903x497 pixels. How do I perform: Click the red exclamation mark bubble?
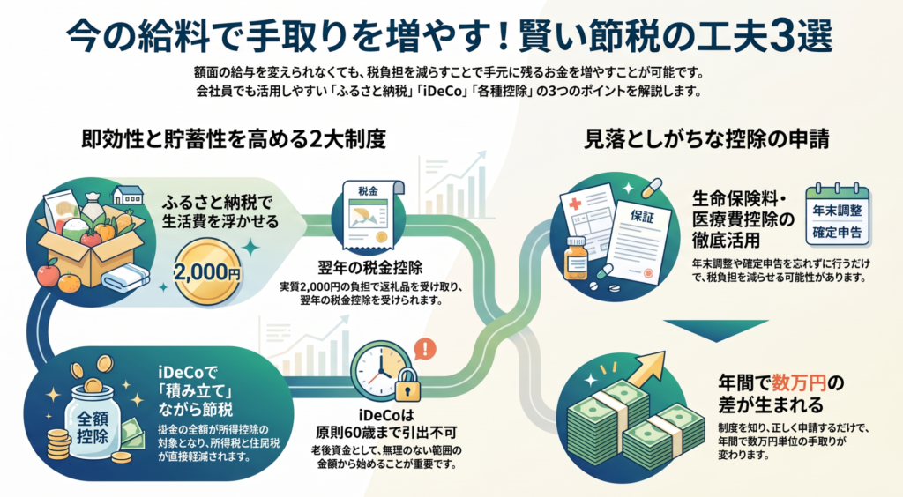[425, 349]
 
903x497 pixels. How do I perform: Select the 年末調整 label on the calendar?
[838, 211]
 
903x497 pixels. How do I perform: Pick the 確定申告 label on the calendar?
[838, 233]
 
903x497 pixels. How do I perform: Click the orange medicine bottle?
[577, 258]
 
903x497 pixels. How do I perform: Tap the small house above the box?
[128, 196]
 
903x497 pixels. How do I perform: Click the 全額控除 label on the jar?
[92, 427]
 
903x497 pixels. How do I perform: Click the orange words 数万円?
[799, 382]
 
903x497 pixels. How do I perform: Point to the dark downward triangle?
[716, 330]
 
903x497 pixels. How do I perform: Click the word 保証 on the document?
[642, 216]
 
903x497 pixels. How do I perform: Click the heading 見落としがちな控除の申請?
[706, 139]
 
